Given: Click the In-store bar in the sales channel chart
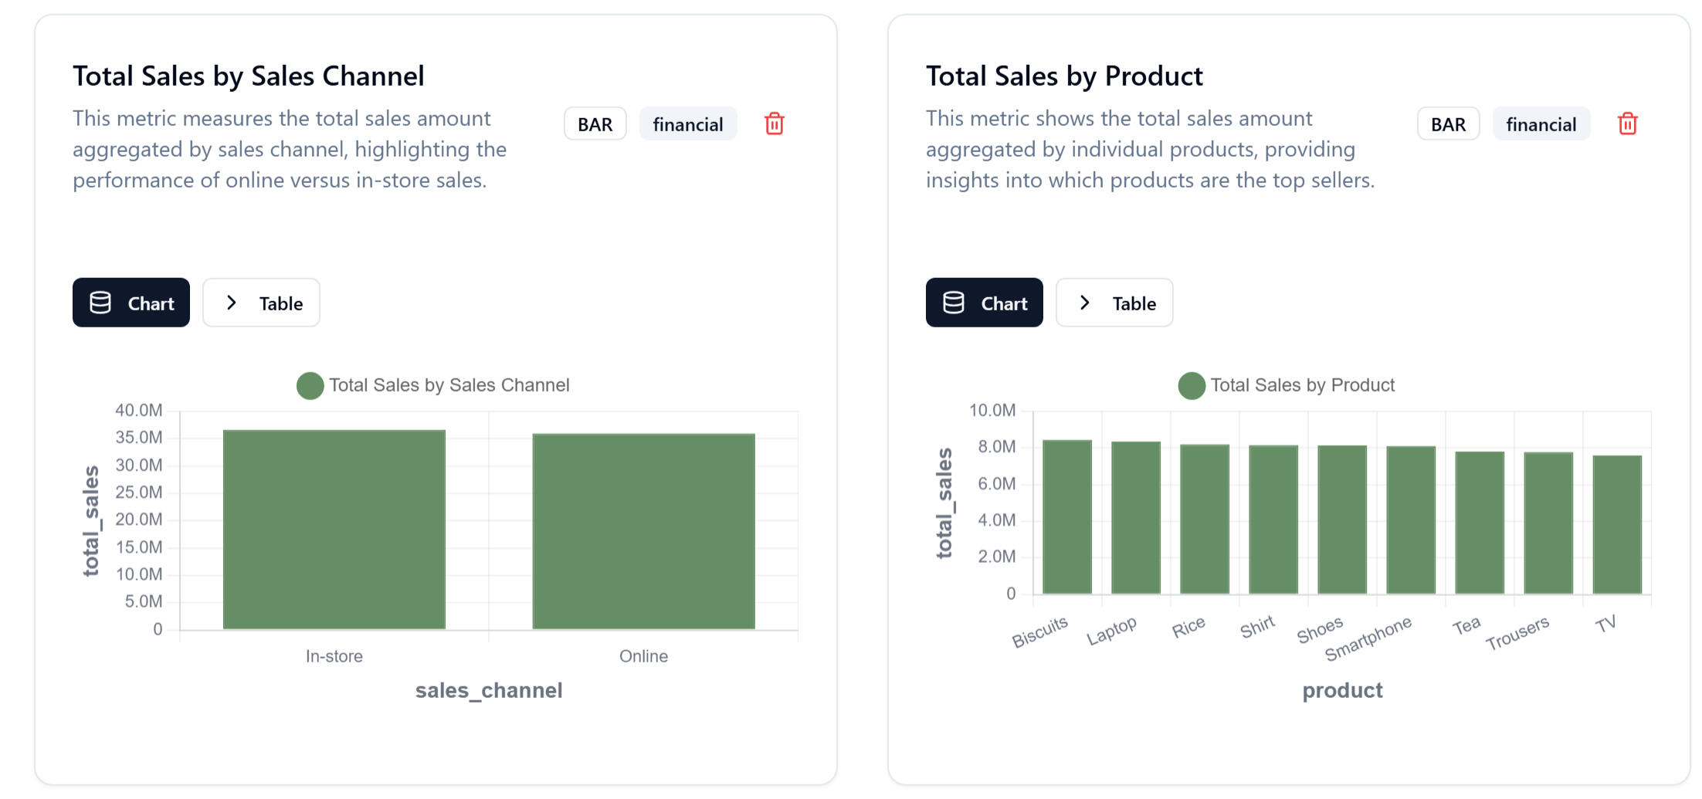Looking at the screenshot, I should (334, 529).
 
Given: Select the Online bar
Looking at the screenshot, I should (643, 531).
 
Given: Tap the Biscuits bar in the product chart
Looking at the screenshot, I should (1066, 516).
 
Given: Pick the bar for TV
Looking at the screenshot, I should (1616, 524).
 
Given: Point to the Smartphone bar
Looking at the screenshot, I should (1410, 520).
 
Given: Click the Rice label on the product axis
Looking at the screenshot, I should (1188, 627).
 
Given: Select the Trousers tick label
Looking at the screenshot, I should (1517, 633).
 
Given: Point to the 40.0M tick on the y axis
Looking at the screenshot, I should (139, 411).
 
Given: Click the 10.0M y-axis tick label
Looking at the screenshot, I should (992, 411).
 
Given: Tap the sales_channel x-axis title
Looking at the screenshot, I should (488, 690).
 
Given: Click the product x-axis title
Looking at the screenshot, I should (1342, 690).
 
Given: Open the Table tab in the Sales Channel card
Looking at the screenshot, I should (261, 303).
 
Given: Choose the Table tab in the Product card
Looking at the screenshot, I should (1114, 303).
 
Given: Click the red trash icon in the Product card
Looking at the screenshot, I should (1627, 124).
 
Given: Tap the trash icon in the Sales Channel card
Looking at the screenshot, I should (774, 124).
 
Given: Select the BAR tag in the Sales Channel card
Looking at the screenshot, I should (595, 124).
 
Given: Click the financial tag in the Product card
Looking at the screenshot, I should (1541, 124).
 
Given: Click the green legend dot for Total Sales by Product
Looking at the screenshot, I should (1191, 386).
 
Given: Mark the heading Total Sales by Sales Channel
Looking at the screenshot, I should (248, 76).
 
